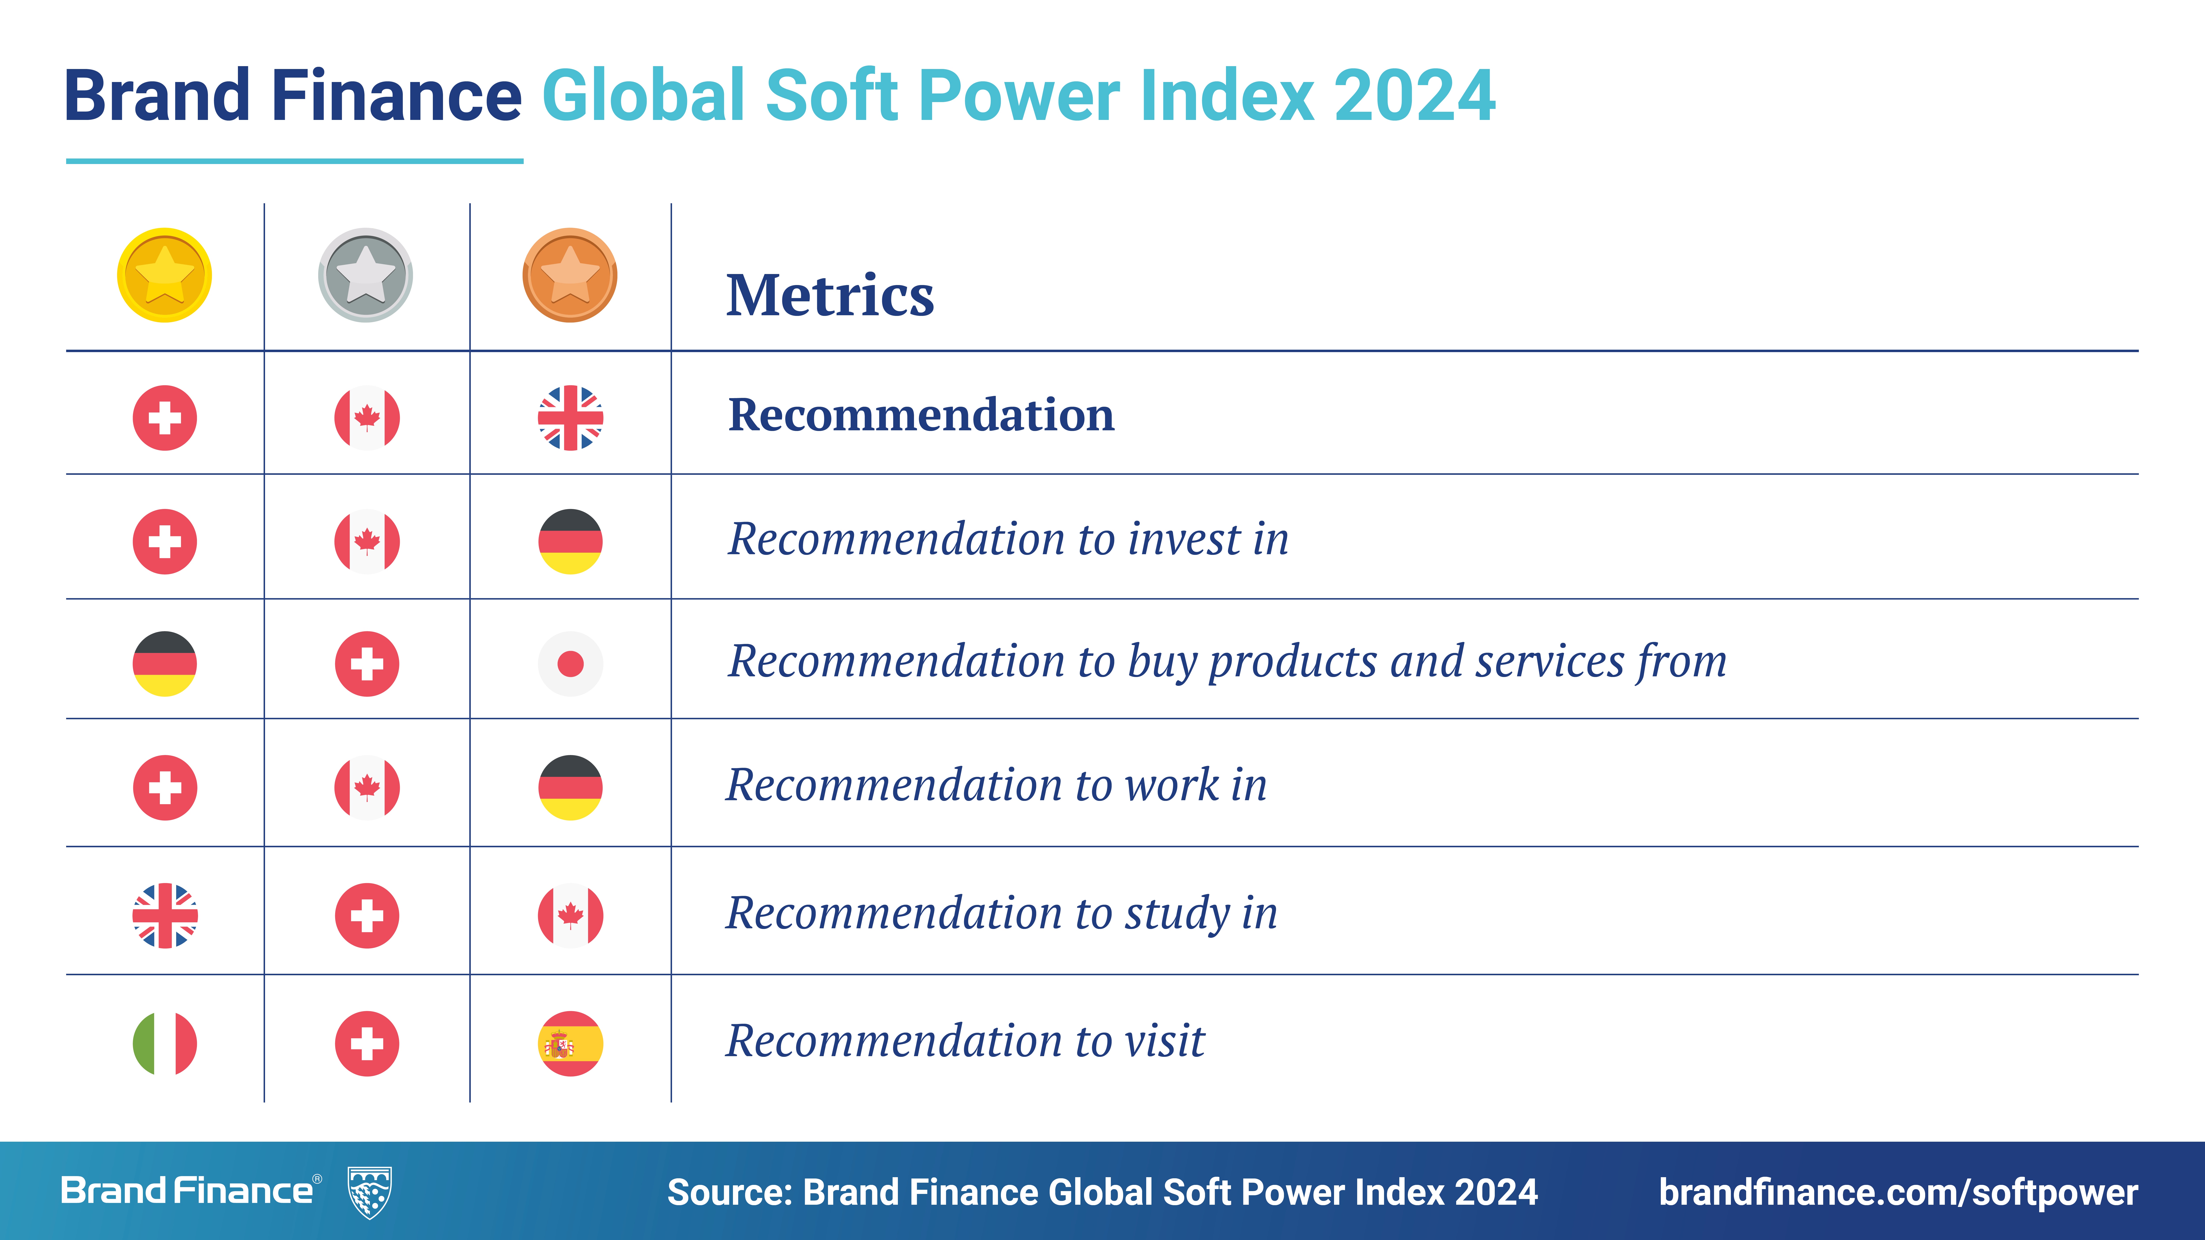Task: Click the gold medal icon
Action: (164, 276)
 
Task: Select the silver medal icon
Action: (366, 276)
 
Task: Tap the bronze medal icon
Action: (570, 276)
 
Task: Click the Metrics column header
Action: (830, 295)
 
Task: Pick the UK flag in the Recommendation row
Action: (570, 418)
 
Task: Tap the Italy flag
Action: (164, 1043)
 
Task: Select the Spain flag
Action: (570, 1043)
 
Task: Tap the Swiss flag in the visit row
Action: (366, 1043)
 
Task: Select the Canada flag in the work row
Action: (366, 787)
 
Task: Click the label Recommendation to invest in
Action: (1007, 539)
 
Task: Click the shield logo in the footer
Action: (370, 1192)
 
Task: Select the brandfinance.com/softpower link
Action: (1898, 1192)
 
